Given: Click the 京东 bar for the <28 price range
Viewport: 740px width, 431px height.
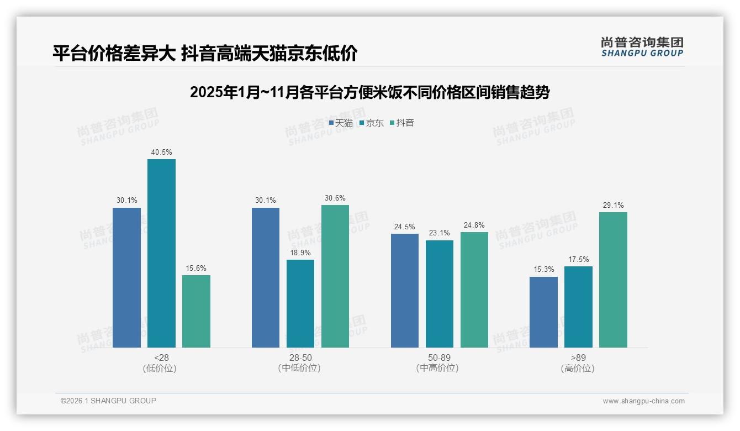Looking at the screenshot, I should [161, 253].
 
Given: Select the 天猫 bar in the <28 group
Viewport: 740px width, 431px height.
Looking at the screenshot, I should [126, 277].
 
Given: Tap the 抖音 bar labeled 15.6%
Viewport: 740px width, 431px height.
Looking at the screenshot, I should [196, 311].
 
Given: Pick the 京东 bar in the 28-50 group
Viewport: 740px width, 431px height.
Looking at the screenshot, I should [300, 303].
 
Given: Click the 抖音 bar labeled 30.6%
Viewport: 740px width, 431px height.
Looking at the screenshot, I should [335, 276].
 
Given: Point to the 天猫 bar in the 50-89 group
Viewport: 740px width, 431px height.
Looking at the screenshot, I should [405, 291].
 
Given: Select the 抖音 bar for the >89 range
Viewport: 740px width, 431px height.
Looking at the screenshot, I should [613, 280].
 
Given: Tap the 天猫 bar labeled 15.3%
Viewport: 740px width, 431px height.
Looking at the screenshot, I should [543, 312].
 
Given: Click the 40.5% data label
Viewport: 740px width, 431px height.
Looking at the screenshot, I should [161, 152].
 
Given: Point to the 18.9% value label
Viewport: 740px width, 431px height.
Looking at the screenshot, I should [300, 253].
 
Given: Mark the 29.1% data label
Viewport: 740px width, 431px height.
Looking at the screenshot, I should [613, 205].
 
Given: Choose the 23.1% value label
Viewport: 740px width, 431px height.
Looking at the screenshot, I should [440, 233].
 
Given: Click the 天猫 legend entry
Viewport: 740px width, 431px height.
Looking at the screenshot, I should [341, 123].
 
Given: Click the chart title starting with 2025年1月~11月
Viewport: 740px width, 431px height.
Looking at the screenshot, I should [369, 92].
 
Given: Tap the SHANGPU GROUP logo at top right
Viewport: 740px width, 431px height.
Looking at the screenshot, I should [642, 47].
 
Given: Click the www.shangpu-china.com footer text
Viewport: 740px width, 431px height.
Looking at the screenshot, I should [643, 401].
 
